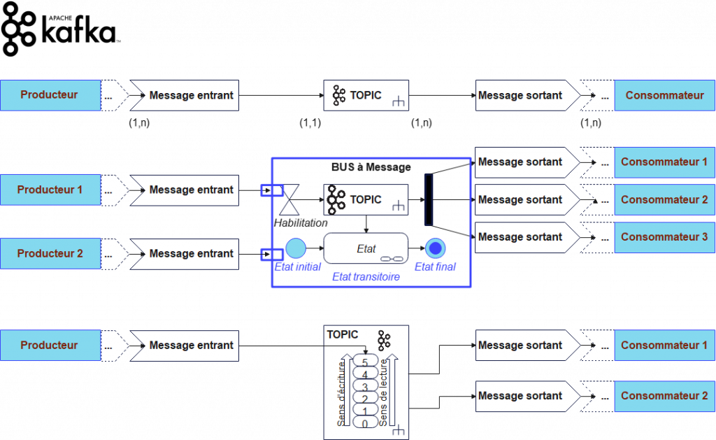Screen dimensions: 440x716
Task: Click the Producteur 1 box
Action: (50, 190)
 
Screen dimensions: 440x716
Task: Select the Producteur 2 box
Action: (50, 253)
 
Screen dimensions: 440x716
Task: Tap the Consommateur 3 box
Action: (664, 237)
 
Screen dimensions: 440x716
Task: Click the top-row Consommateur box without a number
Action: (664, 95)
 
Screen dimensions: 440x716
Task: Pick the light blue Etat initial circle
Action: (296, 248)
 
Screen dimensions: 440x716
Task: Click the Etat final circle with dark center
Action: (436, 248)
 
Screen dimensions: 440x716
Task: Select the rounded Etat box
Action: (366, 248)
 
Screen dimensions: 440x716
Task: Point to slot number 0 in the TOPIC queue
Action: (365, 423)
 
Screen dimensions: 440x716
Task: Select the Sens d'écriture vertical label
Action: (342, 396)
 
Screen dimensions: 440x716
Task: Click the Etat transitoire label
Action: (365, 277)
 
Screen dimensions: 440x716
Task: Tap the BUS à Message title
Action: (371, 167)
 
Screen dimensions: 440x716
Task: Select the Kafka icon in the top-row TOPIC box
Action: (339, 95)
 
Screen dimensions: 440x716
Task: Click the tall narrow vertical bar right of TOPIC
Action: (429, 200)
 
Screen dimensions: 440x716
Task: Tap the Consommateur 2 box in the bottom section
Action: (664, 396)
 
